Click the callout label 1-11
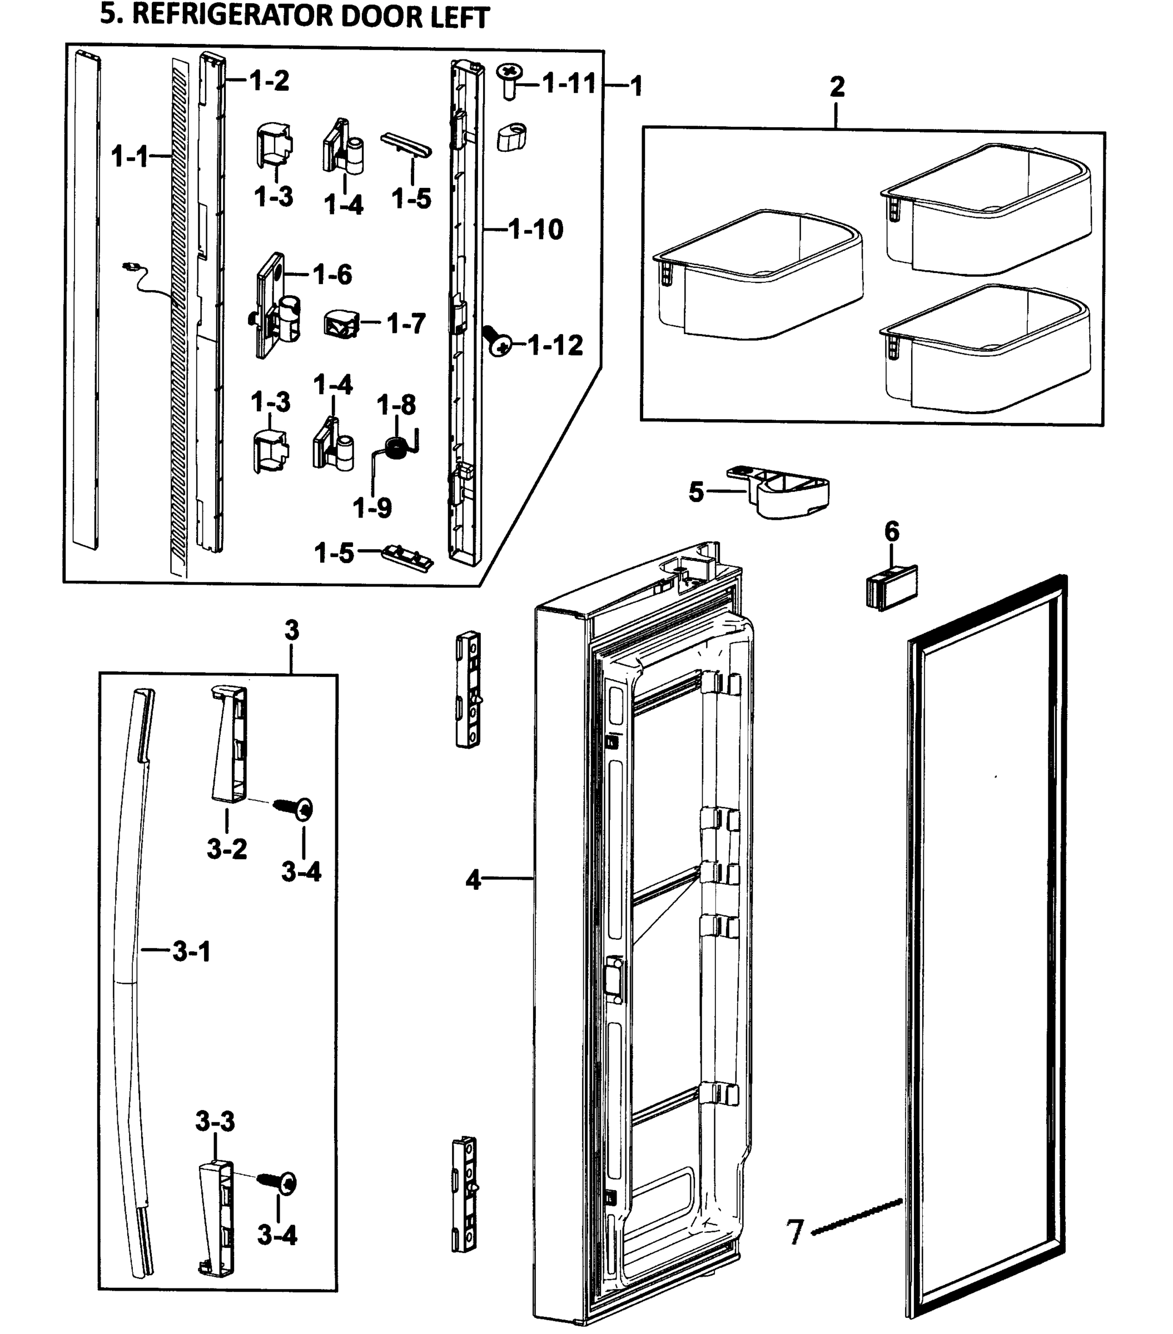[x=570, y=83]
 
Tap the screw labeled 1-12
[x=497, y=341]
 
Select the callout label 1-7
[x=406, y=323]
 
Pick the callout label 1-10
[x=535, y=229]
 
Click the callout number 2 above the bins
[x=837, y=87]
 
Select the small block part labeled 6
[x=891, y=587]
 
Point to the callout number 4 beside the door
[x=473, y=880]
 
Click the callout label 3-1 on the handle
[x=191, y=952]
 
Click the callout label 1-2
[x=270, y=81]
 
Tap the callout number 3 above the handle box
[x=292, y=630]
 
